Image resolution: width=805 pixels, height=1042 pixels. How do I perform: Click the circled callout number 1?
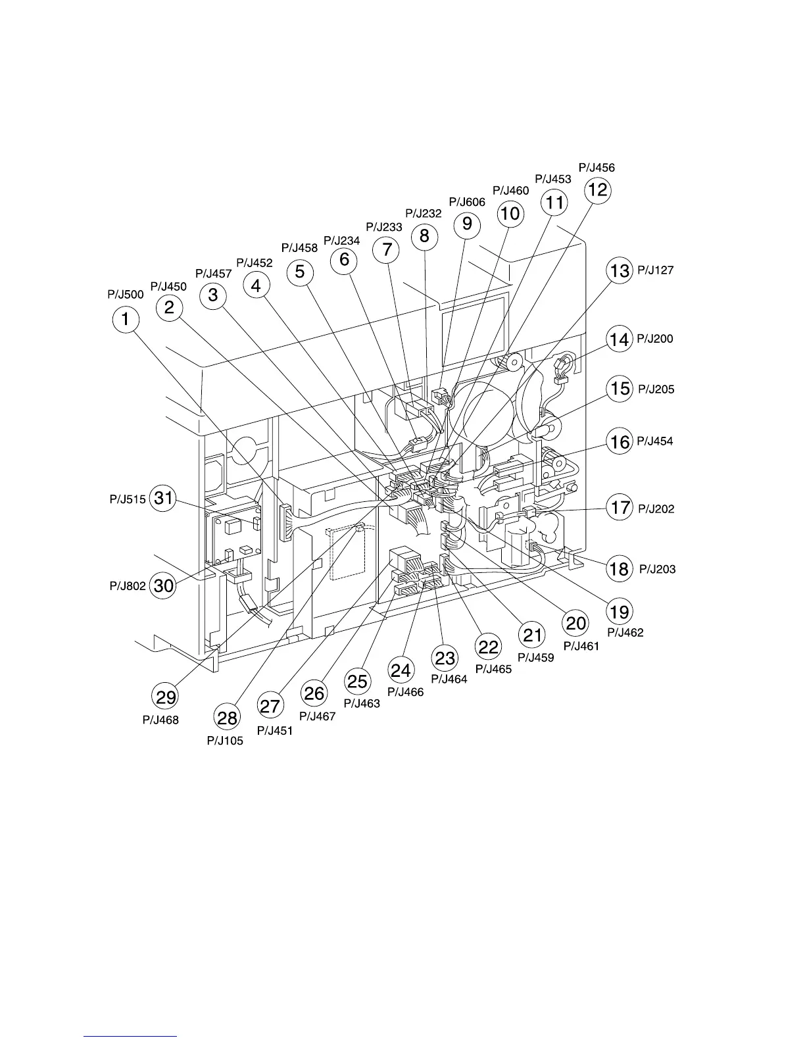point(126,320)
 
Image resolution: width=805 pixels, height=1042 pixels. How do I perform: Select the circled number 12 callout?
point(598,190)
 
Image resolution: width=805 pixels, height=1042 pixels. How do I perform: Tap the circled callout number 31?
point(163,498)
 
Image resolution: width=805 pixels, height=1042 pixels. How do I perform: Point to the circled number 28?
point(227,717)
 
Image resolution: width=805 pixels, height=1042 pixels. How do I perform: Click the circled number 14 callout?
point(619,339)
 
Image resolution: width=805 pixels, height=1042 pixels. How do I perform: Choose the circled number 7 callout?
point(386,249)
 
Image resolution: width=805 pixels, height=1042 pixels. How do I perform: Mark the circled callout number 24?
point(401,670)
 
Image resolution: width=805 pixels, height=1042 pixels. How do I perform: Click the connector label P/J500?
point(125,294)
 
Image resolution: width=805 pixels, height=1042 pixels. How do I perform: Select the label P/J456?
point(597,168)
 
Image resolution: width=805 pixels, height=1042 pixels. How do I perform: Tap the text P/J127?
point(655,270)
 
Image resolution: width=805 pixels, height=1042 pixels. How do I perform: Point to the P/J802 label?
point(128,585)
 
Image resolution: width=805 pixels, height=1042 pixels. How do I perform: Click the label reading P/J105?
point(225,741)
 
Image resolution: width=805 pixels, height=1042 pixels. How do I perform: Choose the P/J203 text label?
point(657,569)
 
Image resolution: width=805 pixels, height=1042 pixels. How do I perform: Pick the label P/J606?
point(467,202)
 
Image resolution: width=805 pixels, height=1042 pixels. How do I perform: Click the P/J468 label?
point(160,720)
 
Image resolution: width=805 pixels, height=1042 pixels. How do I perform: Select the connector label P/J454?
point(654,441)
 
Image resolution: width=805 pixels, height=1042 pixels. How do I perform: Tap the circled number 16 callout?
point(620,441)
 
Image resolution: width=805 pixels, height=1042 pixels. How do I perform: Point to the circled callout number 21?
point(532,634)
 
